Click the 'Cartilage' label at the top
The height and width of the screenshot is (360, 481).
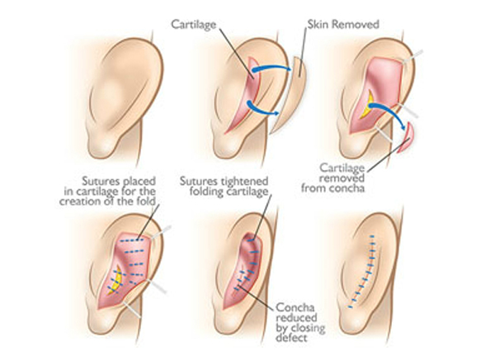coord(194,25)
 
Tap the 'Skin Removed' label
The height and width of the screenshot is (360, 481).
coord(343,24)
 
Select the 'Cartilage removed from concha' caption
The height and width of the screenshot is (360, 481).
coord(333,178)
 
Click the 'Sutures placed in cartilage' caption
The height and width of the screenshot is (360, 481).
coord(108,192)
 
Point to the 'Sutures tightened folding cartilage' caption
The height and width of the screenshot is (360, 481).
coord(224,187)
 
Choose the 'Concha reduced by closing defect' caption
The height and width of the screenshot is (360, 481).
coord(300,322)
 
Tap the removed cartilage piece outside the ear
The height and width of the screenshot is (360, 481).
coord(406,138)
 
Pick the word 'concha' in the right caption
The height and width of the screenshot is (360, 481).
coord(347,187)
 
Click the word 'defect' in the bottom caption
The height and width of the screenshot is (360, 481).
coord(291,338)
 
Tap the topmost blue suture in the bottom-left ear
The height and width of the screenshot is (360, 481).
coord(132,240)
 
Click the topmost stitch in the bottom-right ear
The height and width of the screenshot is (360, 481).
coord(372,236)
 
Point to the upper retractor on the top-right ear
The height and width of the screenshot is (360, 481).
coord(413,57)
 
